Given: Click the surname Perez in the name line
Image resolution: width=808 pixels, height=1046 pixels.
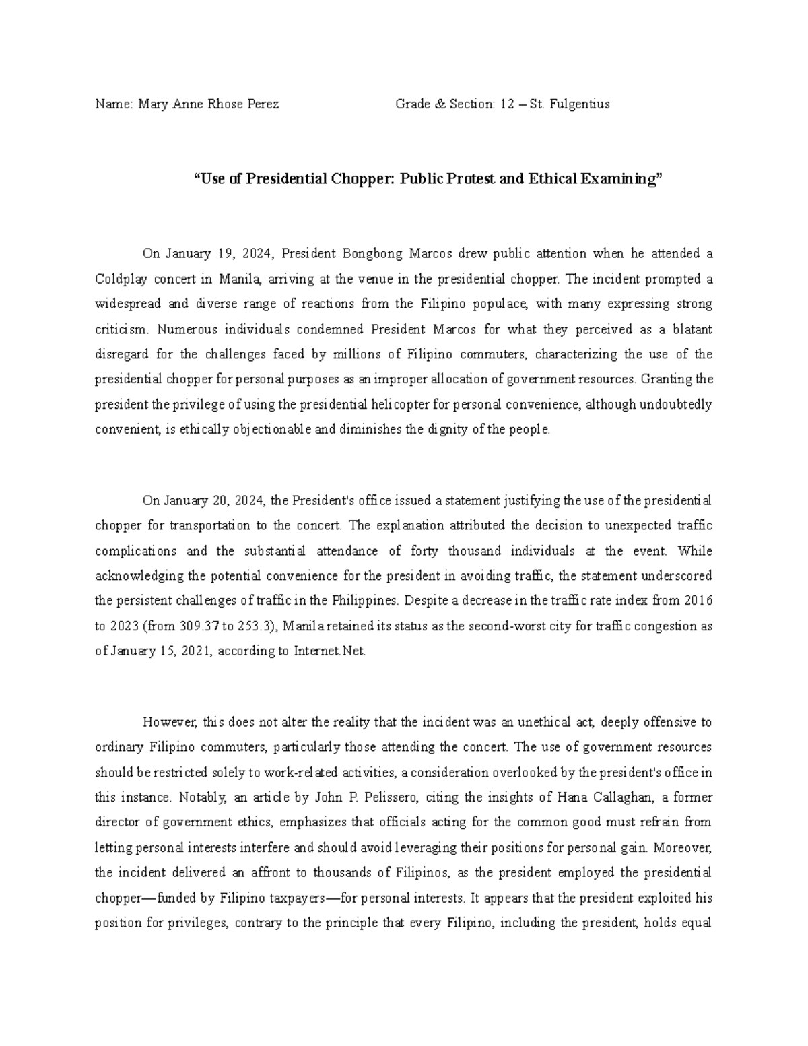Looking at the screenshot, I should point(263,104).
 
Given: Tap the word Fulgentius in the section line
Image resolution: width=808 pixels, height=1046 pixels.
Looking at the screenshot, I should point(579,104).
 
